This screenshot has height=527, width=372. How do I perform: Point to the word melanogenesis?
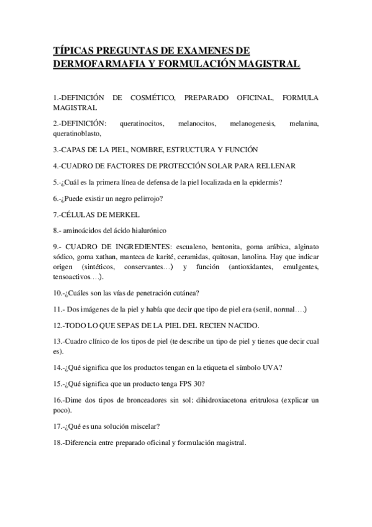(x=252, y=124)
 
